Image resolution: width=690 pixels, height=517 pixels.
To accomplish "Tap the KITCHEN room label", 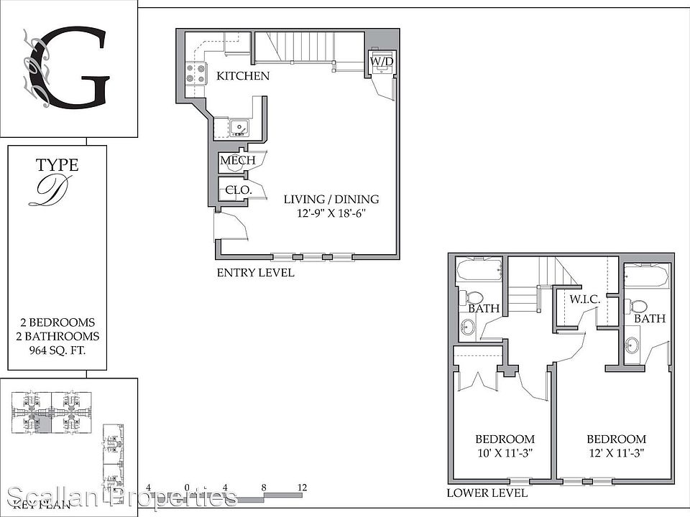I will click(243, 76).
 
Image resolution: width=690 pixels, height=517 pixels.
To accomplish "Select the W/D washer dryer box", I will click(381, 62).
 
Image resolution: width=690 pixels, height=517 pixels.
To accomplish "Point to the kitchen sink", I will click(239, 127).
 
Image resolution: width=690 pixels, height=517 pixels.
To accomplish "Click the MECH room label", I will click(237, 160).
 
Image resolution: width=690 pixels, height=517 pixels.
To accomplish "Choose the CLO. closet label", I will click(238, 190).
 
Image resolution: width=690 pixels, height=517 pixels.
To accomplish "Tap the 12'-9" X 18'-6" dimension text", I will click(331, 213).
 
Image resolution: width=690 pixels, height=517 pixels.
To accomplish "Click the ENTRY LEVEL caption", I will click(255, 273).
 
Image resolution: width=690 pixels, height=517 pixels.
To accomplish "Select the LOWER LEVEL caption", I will click(487, 493).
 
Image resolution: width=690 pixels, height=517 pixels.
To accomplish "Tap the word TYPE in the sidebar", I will click(57, 166).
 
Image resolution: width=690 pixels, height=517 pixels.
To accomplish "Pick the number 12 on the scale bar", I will click(302, 488).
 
